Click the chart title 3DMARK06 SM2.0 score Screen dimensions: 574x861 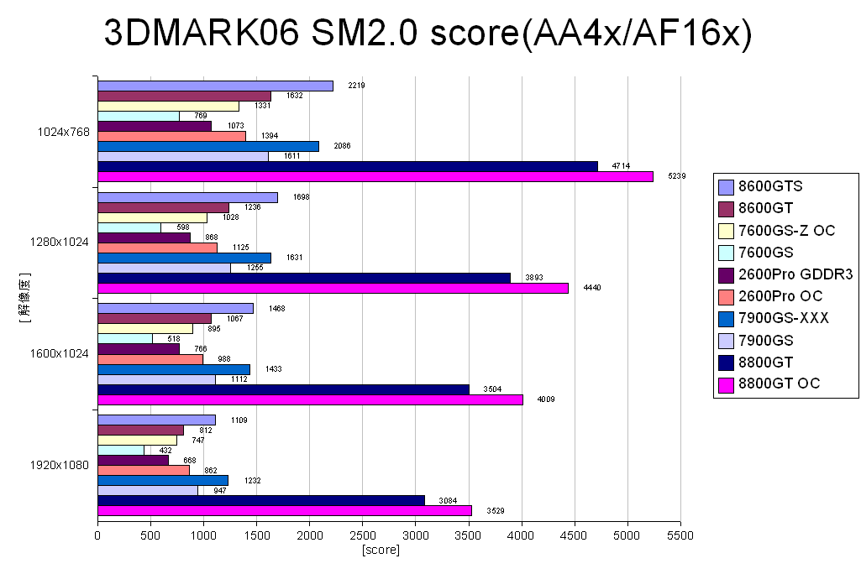(x=428, y=34)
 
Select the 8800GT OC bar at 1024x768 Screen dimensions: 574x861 (x=375, y=176)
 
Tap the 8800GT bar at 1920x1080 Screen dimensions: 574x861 (x=261, y=500)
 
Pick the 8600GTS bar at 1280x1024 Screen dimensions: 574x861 (x=187, y=197)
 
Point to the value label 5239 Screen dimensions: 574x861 (x=677, y=176)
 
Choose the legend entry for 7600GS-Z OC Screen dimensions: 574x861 (x=785, y=231)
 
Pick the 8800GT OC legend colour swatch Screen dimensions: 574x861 (x=726, y=384)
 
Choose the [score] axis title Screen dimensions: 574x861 (x=381, y=550)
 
